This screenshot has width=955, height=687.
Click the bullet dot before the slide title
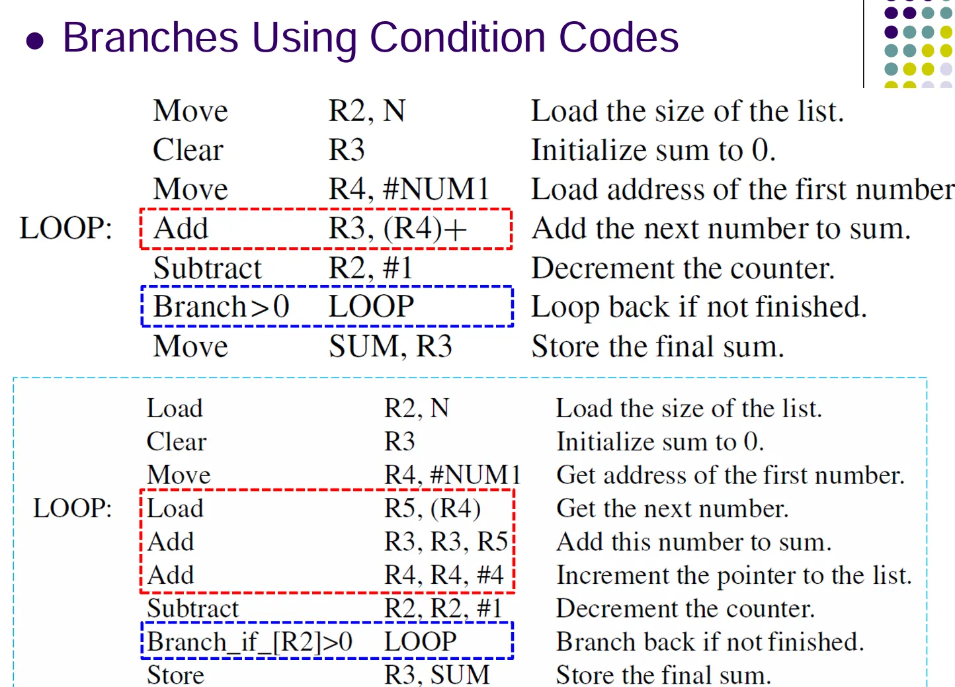click(34, 41)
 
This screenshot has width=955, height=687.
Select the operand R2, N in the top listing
click(366, 111)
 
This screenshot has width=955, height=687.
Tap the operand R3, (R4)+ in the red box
click(397, 229)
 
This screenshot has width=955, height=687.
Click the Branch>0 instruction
click(222, 307)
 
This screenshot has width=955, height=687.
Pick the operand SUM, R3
click(390, 346)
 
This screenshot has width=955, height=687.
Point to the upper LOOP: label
click(65, 229)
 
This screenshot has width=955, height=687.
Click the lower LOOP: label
click(73, 508)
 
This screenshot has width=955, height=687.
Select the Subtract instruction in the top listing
click(208, 268)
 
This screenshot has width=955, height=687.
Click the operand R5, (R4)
click(433, 508)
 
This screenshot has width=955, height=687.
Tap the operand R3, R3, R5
click(446, 542)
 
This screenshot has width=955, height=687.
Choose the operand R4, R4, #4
click(444, 575)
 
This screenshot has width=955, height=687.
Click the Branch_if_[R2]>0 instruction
click(249, 642)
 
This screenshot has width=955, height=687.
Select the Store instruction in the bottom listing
click(175, 675)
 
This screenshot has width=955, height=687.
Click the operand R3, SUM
click(437, 675)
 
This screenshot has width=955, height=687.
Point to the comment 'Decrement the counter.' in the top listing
click(683, 268)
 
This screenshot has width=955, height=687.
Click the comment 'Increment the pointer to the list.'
click(734, 575)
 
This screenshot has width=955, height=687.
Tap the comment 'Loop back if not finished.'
click(699, 307)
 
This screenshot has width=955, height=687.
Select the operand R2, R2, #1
click(443, 608)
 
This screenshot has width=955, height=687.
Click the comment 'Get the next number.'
click(673, 508)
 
